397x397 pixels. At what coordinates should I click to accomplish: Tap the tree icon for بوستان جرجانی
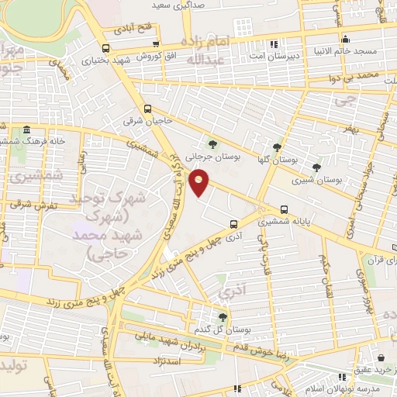(212, 143)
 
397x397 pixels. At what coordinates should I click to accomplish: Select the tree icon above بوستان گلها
(277, 147)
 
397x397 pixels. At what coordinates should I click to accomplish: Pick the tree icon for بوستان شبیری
(316, 167)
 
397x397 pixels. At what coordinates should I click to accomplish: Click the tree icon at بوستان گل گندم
(223, 316)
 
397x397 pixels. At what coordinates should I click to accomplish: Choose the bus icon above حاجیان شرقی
(147, 109)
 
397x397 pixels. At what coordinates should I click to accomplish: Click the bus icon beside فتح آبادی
(157, 44)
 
